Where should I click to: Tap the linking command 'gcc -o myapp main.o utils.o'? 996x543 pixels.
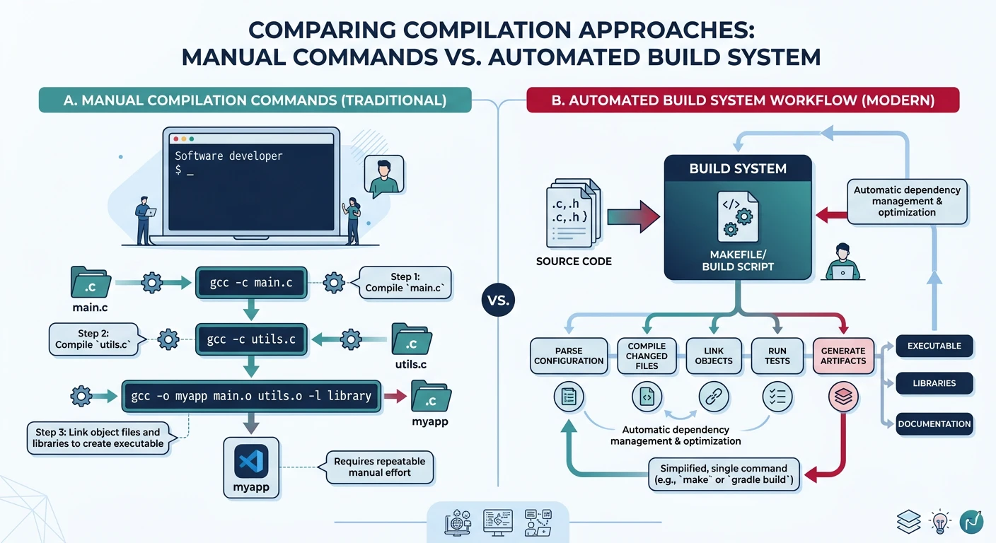[x=251, y=396]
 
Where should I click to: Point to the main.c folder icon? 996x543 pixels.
[x=91, y=283]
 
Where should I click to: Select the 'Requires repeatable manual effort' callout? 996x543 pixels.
[x=379, y=467]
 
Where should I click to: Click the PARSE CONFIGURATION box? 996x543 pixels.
[x=569, y=356]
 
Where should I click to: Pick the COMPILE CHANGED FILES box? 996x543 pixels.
[x=647, y=356]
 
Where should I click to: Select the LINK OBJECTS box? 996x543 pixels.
[x=714, y=356]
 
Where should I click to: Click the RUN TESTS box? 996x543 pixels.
[x=777, y=356]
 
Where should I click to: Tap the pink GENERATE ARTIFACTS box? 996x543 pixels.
[x=842, y=356]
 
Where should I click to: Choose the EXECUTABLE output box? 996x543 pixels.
[x=934, y=346]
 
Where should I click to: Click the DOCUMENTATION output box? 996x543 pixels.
[x=934, y=424]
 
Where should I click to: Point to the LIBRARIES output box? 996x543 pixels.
[x=934, y=383]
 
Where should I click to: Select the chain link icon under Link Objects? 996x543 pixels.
[x=713, y=397]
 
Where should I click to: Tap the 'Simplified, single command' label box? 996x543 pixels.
[x=724, y=474]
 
